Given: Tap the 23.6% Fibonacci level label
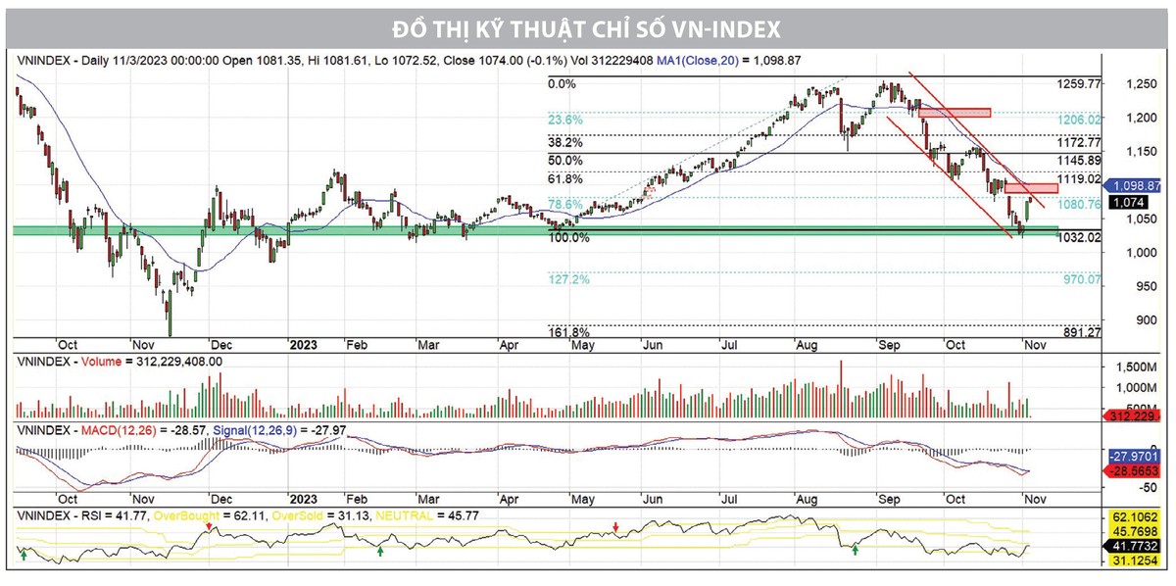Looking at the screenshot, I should (x=564, y=120).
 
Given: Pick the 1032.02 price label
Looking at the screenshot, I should (x=1080, y=237).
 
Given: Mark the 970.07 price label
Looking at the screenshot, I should (x=1080, y=280).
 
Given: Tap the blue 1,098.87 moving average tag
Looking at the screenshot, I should (x=1137, y=185).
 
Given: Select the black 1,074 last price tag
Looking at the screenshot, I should (x=1128, y=202).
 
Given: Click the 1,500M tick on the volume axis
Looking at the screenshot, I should (x=1135, y=366).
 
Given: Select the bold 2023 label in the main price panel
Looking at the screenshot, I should (x=303, y=345).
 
